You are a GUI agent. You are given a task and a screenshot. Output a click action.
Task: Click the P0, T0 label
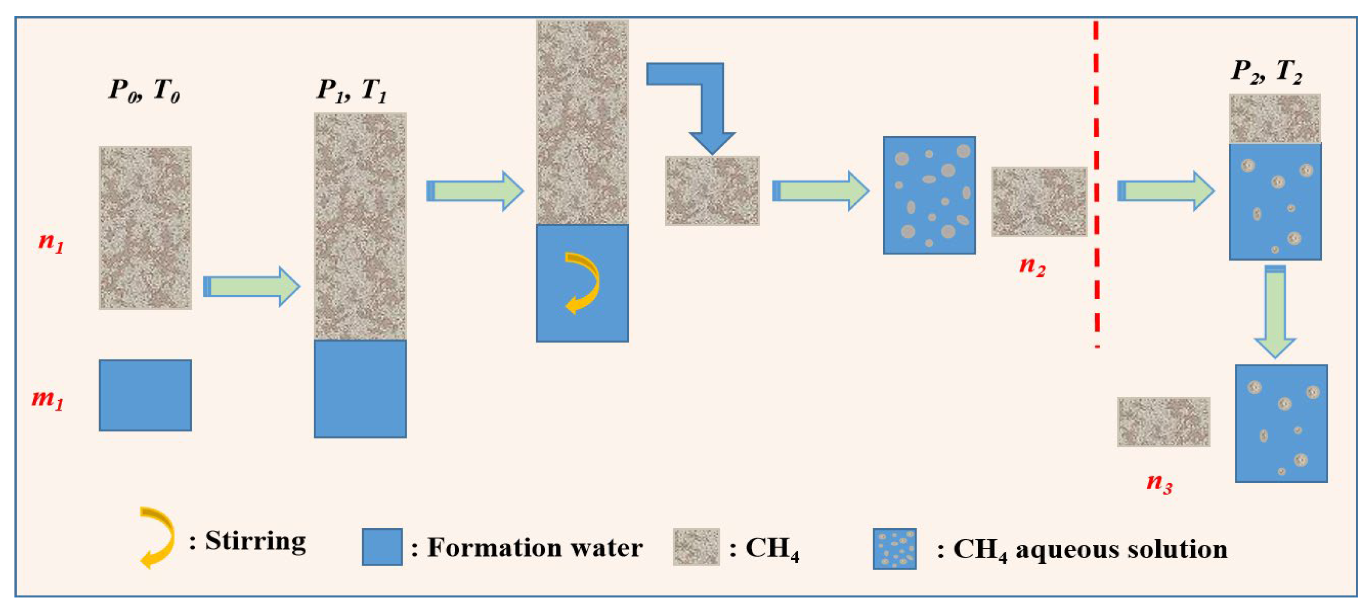[x=144, y=89]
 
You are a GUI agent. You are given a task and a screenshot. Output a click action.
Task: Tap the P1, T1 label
[x=351, y=89]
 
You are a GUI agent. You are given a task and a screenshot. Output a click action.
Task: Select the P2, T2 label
[x=1267, y=71]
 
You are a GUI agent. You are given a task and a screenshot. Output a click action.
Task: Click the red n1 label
[x=51, y=241]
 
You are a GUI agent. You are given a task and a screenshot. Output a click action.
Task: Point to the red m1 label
[x=47, y=398]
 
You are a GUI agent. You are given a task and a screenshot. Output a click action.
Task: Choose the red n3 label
[x=1159, y=483]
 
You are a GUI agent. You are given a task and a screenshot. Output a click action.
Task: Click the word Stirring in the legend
[x=255, y=541]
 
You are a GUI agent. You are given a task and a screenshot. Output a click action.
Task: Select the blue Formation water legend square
[x=382, y=547]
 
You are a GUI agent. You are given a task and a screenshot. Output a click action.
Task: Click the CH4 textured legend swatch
[x=696, y=547]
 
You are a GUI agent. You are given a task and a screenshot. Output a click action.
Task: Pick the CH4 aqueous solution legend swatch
[x=894, y=548]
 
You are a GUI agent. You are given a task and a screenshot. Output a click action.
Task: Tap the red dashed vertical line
[x=1096, y=181]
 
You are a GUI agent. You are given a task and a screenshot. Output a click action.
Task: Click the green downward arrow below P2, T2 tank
[x=1275, y=312]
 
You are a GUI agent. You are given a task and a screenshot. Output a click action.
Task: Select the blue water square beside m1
[x=145, y=395]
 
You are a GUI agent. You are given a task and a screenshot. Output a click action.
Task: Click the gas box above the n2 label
[x=1039, y=201]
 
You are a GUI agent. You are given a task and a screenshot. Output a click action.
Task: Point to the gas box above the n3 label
[x=1163, y=421]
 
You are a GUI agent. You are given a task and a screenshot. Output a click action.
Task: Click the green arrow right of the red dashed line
[x=1165, y=191]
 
